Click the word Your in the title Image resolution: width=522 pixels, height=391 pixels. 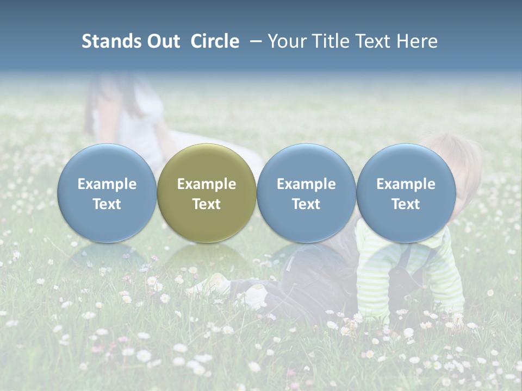click(x=285, y=42)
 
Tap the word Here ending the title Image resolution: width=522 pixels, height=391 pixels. click(x=417, y=42)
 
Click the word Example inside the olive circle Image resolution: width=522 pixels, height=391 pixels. click(x=207, y=184)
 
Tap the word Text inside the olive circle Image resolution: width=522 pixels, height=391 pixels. click(x=207, y=204)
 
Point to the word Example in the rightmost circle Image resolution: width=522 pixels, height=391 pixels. click(x=406, y=184)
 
